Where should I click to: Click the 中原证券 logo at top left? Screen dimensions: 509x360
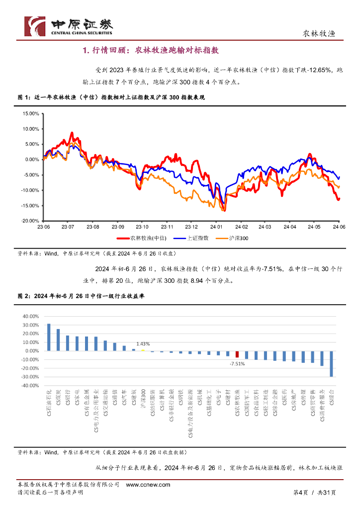69,26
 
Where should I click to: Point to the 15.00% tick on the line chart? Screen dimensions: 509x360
31,113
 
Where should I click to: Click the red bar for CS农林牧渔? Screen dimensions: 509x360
237,354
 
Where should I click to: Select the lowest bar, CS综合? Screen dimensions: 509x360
331,363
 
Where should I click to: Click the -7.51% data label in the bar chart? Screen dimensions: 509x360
237,364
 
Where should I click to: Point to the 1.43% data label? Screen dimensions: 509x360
143,343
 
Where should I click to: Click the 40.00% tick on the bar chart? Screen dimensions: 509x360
31,316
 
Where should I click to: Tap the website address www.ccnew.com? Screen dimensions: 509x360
148,485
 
